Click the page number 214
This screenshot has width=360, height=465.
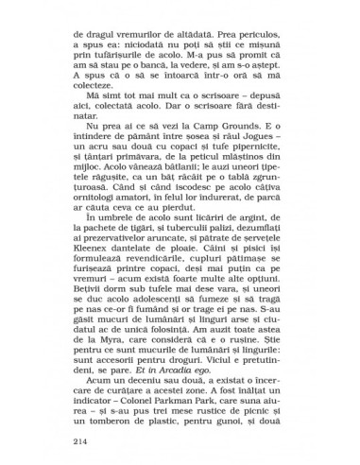pyautogui.click(x=79, y=441)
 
